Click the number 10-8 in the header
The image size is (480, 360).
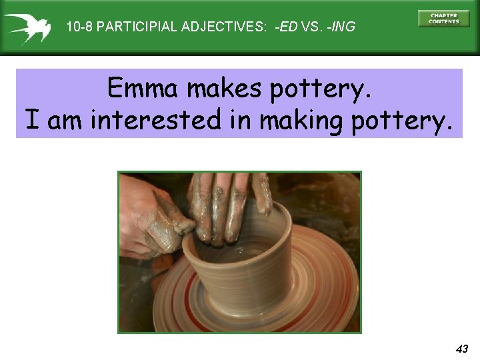pyautogui.click(x=80, y=27)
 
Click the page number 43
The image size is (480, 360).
pyautogui.click(x=462, y=349)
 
